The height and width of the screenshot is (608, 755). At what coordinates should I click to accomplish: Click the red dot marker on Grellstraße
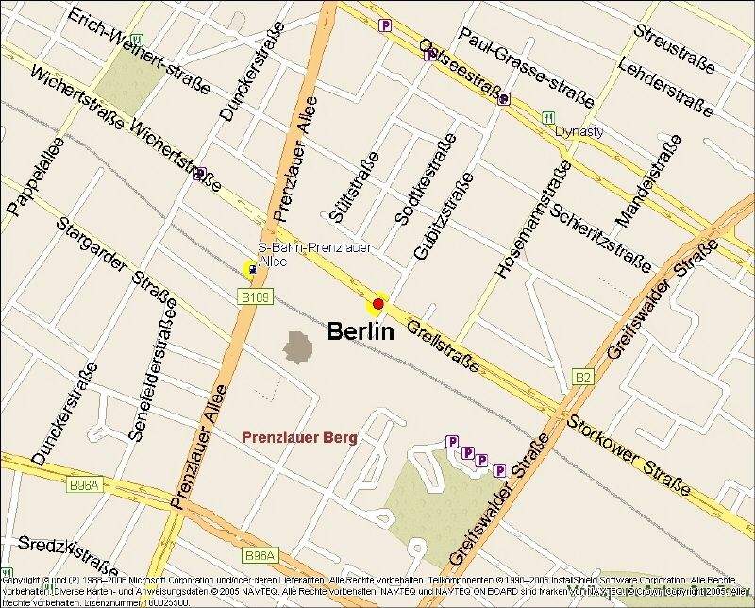(378, 303)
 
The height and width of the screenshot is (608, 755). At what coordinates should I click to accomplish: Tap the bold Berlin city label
(360, 331)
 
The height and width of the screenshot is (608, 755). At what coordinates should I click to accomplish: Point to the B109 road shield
(254, 297)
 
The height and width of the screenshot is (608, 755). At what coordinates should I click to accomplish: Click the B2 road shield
(583, 378)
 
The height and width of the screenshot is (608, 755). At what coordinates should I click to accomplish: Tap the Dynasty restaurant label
(579, 131)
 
